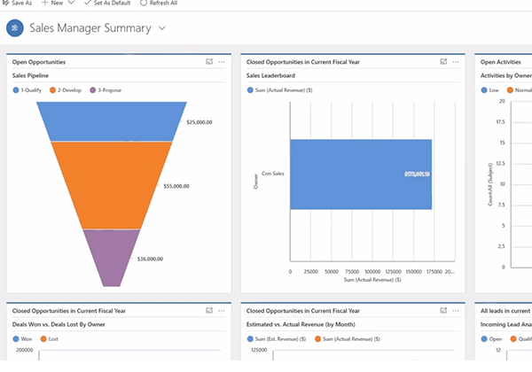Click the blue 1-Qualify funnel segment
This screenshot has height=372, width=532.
point(112,121)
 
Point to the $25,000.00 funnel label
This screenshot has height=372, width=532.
point(199,122)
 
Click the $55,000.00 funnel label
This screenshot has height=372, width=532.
point(176,186)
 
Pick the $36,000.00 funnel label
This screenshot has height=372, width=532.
point(150,259)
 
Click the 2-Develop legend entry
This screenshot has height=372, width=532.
point(68,90)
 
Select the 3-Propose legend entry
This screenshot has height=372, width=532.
point(108,90)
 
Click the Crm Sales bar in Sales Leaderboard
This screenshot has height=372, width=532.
point(360,174)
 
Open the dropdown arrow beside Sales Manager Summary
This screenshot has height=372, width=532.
point(162,28)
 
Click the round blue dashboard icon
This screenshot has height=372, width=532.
point(15,28)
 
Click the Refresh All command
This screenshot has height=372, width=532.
point(160,4)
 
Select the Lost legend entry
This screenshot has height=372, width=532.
point(51,338)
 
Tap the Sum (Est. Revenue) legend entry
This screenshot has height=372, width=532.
point(276,338)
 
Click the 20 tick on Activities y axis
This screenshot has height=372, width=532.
point(501,101)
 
